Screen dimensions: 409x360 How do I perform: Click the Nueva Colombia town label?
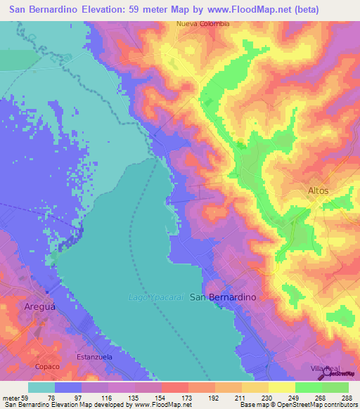coord(202,23)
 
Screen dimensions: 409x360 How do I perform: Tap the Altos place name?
coord(318,190)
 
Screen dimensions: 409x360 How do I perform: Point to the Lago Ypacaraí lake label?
coord(157,297)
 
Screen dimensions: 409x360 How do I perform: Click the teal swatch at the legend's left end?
coord(41,387)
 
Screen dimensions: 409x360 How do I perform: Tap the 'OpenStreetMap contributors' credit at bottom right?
coord(319,405)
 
